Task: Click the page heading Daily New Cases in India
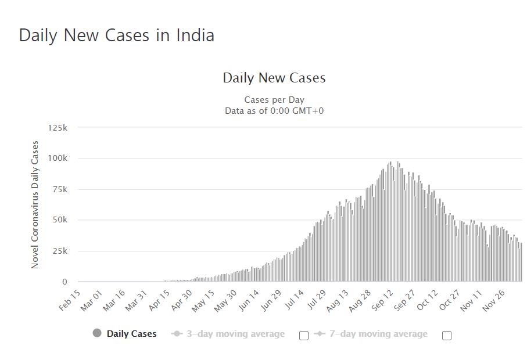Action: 116,35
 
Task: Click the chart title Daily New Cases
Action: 274,78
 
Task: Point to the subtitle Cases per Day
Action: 274,100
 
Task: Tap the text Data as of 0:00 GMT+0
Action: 274,110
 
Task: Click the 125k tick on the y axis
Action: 57,127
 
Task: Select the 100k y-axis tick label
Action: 57,158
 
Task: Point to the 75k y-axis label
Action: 59,189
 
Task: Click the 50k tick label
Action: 59,220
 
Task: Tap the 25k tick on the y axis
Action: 59,251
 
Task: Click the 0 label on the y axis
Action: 64,282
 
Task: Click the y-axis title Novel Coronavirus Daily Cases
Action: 35,204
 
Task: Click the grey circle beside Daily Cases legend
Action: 97,333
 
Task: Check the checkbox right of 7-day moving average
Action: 447,335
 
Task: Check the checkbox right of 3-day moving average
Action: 303,335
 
